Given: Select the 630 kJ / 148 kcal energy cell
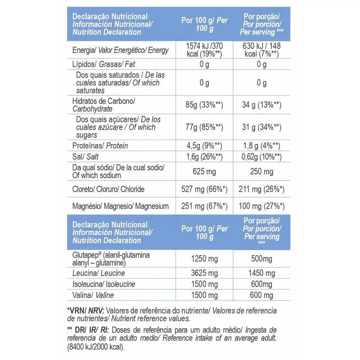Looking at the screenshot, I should [x=261, y=49].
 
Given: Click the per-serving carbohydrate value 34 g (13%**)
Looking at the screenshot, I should [x=261, y=105].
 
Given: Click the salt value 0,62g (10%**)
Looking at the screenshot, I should [x=261, y=157].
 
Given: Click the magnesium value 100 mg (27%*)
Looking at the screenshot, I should [x=261, y=207].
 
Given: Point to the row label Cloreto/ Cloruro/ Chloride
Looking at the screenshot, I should [x=108, y=189].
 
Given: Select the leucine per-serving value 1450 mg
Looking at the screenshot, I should [x=261, y=273].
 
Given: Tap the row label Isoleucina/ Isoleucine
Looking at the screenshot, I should [x=104, y=284].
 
